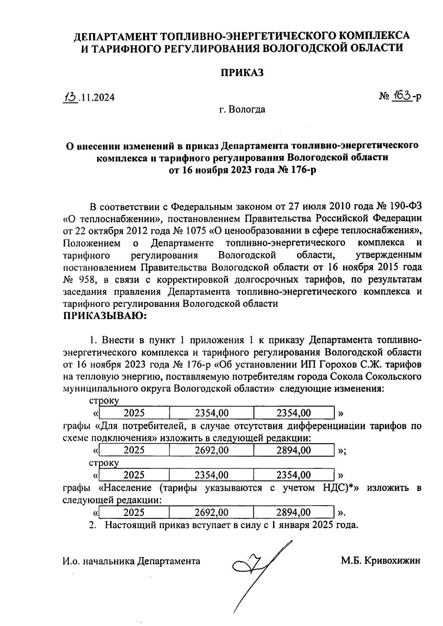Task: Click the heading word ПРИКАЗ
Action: click(242, 73)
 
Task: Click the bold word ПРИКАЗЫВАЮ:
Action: click(105, 316)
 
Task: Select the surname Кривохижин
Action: click(392, 561)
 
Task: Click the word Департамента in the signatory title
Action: click(169, 561)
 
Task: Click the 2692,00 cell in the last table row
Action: click(212, 512)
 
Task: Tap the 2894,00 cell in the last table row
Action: click(293, 512)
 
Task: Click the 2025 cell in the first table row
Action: click(134, 413)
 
